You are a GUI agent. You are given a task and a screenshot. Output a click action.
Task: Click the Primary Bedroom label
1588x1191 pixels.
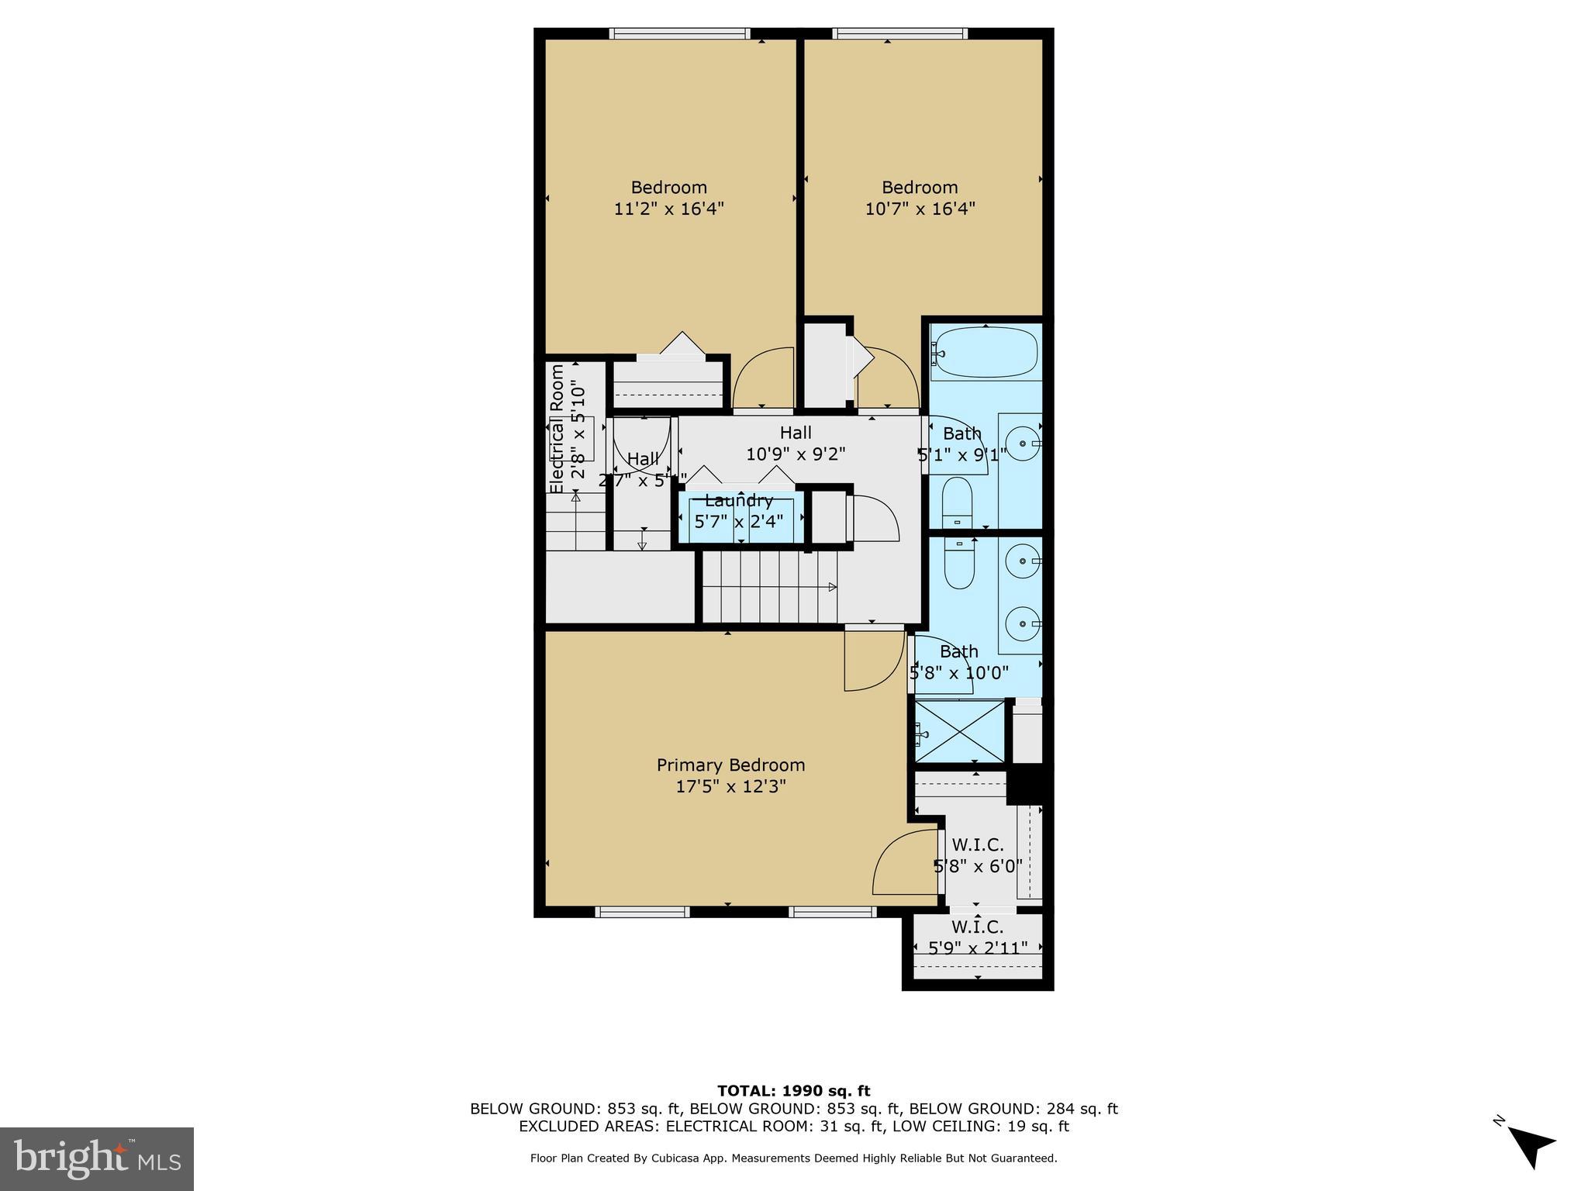point(730,765)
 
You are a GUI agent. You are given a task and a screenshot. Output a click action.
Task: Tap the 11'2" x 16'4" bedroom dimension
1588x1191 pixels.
point(668,209)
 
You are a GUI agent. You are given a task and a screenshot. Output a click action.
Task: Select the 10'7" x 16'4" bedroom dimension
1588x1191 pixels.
point(920,209)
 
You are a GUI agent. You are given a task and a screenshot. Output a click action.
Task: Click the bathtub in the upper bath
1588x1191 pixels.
point(984,353)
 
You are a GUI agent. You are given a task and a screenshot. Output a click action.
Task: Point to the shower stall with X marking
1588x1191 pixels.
point(960,731)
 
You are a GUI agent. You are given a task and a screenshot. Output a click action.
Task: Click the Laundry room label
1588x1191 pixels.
point(739,501)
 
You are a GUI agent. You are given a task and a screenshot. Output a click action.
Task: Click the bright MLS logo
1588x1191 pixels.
point(97,1159)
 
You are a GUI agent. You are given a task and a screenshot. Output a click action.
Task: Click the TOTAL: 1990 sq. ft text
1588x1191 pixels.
point(793,1091)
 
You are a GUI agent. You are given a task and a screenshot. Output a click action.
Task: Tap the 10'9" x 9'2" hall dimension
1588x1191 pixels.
point(796,454)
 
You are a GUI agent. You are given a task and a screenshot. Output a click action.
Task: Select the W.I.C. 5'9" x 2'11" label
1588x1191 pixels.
point(978,937)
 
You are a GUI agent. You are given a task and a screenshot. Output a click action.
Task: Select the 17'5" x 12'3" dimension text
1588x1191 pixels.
point(730,786)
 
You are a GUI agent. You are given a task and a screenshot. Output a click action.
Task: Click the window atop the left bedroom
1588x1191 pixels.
point(679,33)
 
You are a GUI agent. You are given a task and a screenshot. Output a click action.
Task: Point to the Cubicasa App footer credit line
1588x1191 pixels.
point(793,1158)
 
